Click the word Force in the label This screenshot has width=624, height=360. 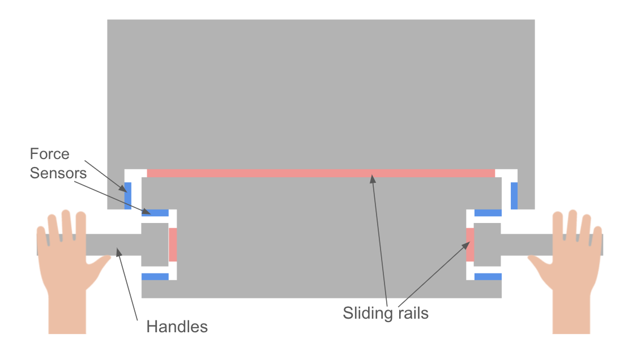coord(50,154)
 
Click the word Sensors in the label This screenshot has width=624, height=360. coord(58,173)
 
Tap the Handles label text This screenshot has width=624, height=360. coord(177,327)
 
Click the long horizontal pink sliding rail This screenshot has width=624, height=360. coord(320,173)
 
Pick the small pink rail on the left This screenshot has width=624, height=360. coord(173,245)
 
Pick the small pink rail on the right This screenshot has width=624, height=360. coord(470,245)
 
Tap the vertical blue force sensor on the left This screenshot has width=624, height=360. coord(128,196)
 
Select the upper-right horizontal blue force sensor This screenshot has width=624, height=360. coord(488,213)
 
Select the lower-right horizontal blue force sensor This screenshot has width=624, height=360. coord(488,277)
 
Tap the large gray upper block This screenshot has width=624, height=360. coord(320,91)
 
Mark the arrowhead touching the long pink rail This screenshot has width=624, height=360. coord(373,179)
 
